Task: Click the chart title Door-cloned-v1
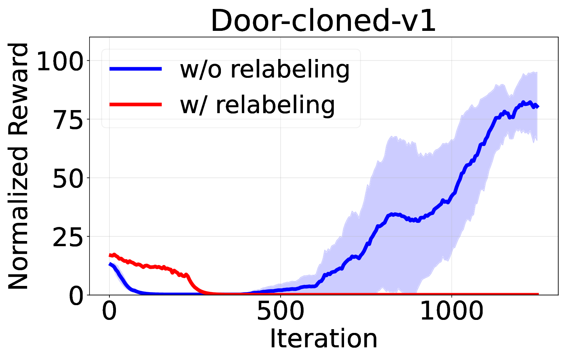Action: pyautogui.click(x=323, y=21)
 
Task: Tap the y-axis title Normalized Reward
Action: pyautogui.click(x=19, y=166)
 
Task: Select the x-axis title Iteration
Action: pyautogui.click(x=323, y=339)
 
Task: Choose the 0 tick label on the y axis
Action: pyautogui.click(x=76, y=296)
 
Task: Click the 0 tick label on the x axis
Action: pyautogui.click(x=109, y=311)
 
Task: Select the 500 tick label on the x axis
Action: pyautogui.click(x=280, y=311)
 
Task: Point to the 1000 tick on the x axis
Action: pyautogui.click(x=451, y=311)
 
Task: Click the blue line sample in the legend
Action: pyautogui.click(x=135, y=69)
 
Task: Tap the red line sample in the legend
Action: pyautogui.click(x=135, y=104)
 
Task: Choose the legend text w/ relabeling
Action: pyautogui.click(x=257, y=105)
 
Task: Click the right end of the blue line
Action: pyautogui.click(x=538, y=106)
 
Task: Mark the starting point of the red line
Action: pyautogui.click(x=110, y=255)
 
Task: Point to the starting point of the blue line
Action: pyautogui.click(x=110, y=264)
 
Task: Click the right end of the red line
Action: pyautogui.click(x=538, y=294)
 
